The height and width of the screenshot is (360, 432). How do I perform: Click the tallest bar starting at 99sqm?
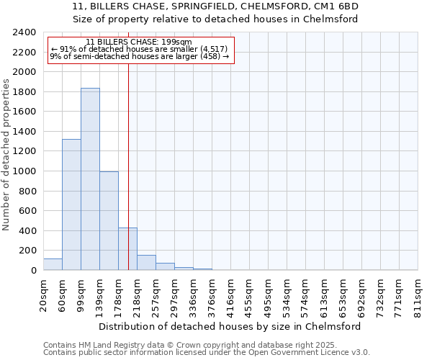point(90,179)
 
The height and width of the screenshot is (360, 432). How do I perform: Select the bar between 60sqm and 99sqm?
point(71,205)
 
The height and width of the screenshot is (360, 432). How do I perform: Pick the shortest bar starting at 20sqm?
point(53,264)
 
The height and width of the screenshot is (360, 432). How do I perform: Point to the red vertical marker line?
point(128,158)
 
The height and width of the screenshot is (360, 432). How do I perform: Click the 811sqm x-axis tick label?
point(418,297)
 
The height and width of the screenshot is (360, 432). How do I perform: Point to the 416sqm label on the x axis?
point(231,297)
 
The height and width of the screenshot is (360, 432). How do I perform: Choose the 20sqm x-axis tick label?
point(44,297)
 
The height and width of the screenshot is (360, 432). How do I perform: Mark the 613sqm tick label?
point(325,297)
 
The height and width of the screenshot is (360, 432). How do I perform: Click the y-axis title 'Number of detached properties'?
point(6,152)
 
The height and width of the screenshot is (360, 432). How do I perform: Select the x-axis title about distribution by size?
point(230,326)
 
